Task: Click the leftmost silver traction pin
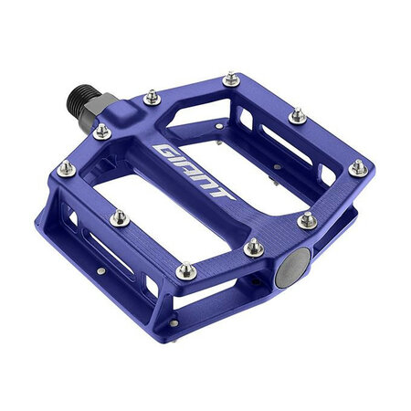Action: (66, 167)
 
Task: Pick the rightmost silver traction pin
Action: (358, 168)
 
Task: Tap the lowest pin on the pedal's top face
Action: (185, 270)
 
